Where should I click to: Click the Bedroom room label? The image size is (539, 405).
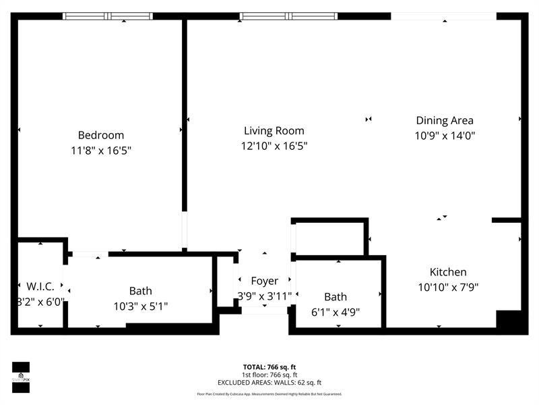pos(100,135)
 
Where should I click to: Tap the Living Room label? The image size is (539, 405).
pos(274,131)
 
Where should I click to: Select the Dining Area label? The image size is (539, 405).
pos(444,121)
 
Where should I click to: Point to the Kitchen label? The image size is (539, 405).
pos(448,272)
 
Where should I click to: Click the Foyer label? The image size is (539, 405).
pos(264,281)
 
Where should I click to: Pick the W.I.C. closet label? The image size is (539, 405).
pos(40,287)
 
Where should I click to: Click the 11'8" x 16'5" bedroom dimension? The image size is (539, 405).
pos(100,150)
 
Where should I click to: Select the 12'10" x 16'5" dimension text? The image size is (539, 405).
pos(274,146)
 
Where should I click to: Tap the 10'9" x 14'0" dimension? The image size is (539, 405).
pos(444,136)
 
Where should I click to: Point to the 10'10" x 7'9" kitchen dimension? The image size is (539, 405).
pos(448,287)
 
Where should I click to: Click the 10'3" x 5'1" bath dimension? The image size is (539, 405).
pos(140,306)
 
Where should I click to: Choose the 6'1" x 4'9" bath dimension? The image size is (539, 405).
pos(336,311)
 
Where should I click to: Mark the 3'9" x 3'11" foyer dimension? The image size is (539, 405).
pos(264,296)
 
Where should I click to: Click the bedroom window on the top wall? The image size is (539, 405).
pos(108,16)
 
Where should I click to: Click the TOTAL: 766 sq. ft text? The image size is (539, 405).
pos(269,366)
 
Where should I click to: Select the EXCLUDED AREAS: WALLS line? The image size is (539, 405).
pos(269,382)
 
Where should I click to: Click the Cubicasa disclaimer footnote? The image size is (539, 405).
pos(269,394)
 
